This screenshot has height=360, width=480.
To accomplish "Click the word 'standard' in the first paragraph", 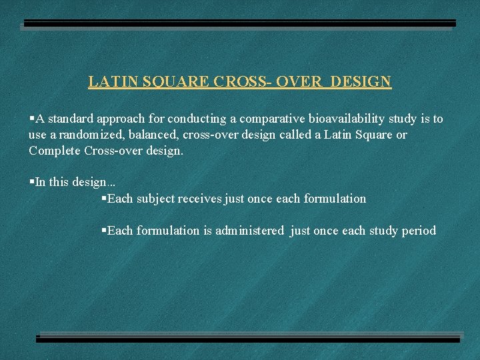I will click(x=70, y=119).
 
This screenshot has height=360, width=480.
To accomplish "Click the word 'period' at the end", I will click(x=419, y=231).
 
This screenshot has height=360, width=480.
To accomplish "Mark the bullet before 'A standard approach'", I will click(x=31, y=119).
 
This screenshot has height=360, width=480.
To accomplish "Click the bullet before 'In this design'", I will click(x=31, y=182).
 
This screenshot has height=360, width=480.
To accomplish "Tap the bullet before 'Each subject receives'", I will click(x=103, y=199).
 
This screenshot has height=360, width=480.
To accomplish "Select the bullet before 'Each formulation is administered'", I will click(x=103, y=231).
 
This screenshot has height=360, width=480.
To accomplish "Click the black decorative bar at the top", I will click(x=237, y=23).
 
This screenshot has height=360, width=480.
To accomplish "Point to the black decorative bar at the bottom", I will click(x=248, y=339).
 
